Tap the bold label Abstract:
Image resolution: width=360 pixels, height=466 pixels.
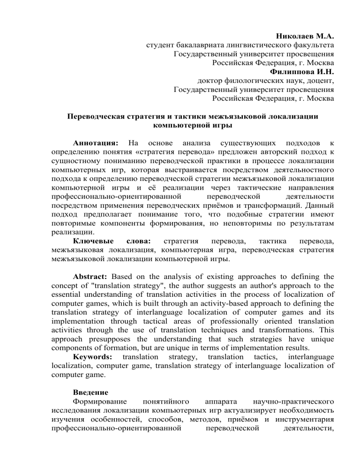point(91,276)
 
